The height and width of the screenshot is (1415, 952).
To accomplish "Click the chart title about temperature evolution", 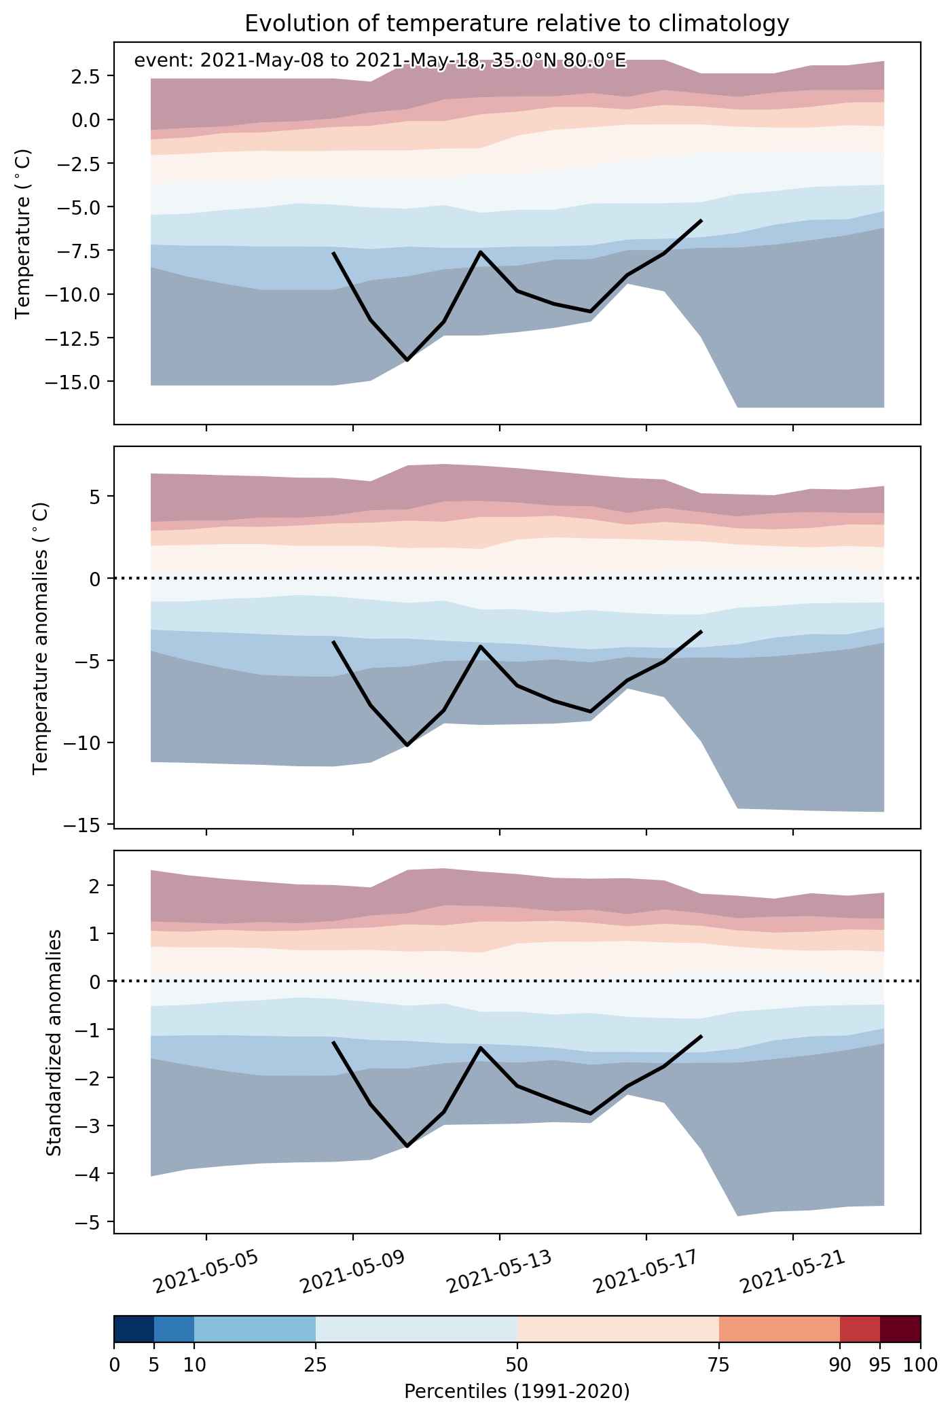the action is click(x=517, y=24).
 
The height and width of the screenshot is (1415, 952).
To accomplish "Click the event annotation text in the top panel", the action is click(x=380, y=60).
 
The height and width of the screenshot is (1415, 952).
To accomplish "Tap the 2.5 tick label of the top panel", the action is click(x=86, y=75).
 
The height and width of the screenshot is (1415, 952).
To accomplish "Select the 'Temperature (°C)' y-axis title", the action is click(x=23, y=233).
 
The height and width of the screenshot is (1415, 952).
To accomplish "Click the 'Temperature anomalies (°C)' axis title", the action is click(x=41, y=637).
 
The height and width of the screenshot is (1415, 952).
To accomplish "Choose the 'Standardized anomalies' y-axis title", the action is click(x=54, y=1041).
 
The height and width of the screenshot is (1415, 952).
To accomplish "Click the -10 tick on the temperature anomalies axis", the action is click(x=82, y=742).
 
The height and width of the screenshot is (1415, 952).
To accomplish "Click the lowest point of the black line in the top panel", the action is click(x=407, y=360).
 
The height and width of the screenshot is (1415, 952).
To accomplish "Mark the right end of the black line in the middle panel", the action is click(x=701, y=632).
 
